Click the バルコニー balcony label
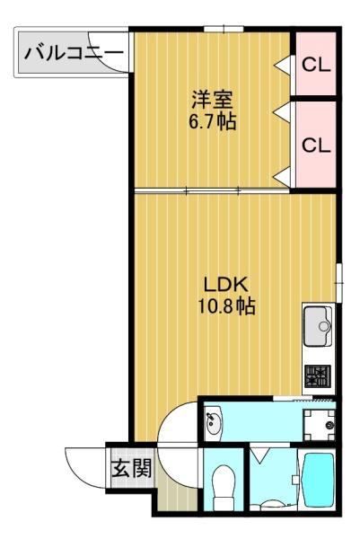coord(74,53)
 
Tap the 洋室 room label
coord(212,100)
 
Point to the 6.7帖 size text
coord(212,121)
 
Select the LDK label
coord(225,285)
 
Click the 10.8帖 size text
coord(226,305)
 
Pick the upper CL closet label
coord(316,65)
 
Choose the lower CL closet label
coord(316,145)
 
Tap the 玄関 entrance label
coord(132,468)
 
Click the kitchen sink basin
coord(318,326)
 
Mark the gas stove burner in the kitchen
coord(318,376)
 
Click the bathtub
coord(318,481)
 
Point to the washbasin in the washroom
coord(213,423)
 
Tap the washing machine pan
coord(319,426)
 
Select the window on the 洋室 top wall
coord(224,29)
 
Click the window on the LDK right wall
coord(339,283)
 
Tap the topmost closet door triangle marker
coord(283,65)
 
